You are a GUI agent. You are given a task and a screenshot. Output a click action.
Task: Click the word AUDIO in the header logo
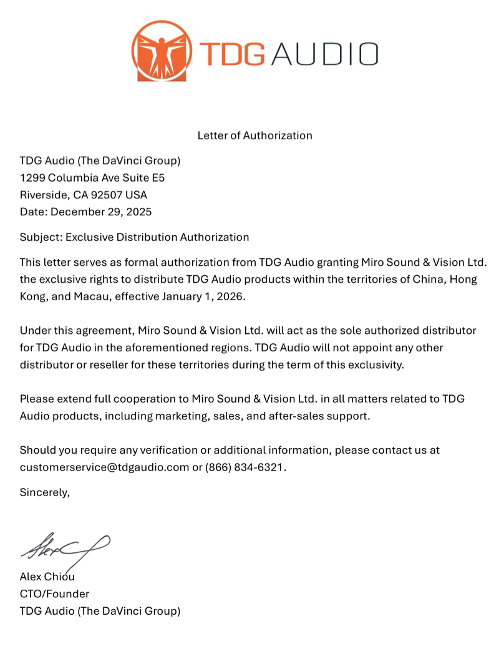[324, 54]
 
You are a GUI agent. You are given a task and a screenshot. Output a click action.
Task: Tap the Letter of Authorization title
[254, 135]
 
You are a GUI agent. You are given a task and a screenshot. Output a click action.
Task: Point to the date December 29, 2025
[101, 212]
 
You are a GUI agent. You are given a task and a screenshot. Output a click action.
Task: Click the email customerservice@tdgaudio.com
[104, 467]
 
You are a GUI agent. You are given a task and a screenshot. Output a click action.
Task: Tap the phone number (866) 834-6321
[245, 467]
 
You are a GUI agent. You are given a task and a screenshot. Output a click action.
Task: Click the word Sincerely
[44, 492]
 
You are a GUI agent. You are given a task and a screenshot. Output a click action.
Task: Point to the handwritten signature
[65, 548]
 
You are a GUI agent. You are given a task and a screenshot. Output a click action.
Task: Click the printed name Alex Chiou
[47, 577]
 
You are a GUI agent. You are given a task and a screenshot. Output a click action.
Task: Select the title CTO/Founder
[54, 593]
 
